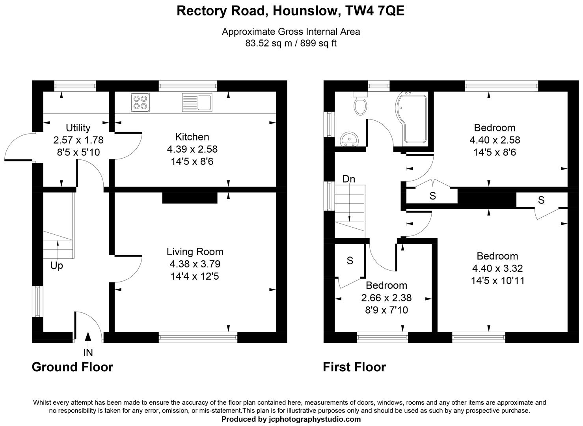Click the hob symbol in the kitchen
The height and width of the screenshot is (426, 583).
tap(140, 103)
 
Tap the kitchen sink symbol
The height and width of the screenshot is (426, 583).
tap(197, 102)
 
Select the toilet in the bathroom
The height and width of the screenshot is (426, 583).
tap(360, 103)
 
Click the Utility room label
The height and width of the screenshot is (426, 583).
tap(78, 128)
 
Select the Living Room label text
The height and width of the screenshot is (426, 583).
tap(195, 252)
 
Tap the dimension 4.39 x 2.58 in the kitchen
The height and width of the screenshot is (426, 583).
tap(192, 149)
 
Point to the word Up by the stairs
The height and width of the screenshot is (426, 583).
tap(57, 266)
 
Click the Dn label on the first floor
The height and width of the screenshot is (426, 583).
tap(348, 179)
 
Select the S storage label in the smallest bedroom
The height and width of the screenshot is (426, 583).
tap(350, 260)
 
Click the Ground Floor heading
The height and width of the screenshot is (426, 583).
tap(72, 367)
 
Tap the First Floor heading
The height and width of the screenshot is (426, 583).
tap(354, 367)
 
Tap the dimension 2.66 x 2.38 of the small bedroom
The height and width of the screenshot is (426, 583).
tap(386, 298)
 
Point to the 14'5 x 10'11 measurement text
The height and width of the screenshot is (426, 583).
tap(497, 281)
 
